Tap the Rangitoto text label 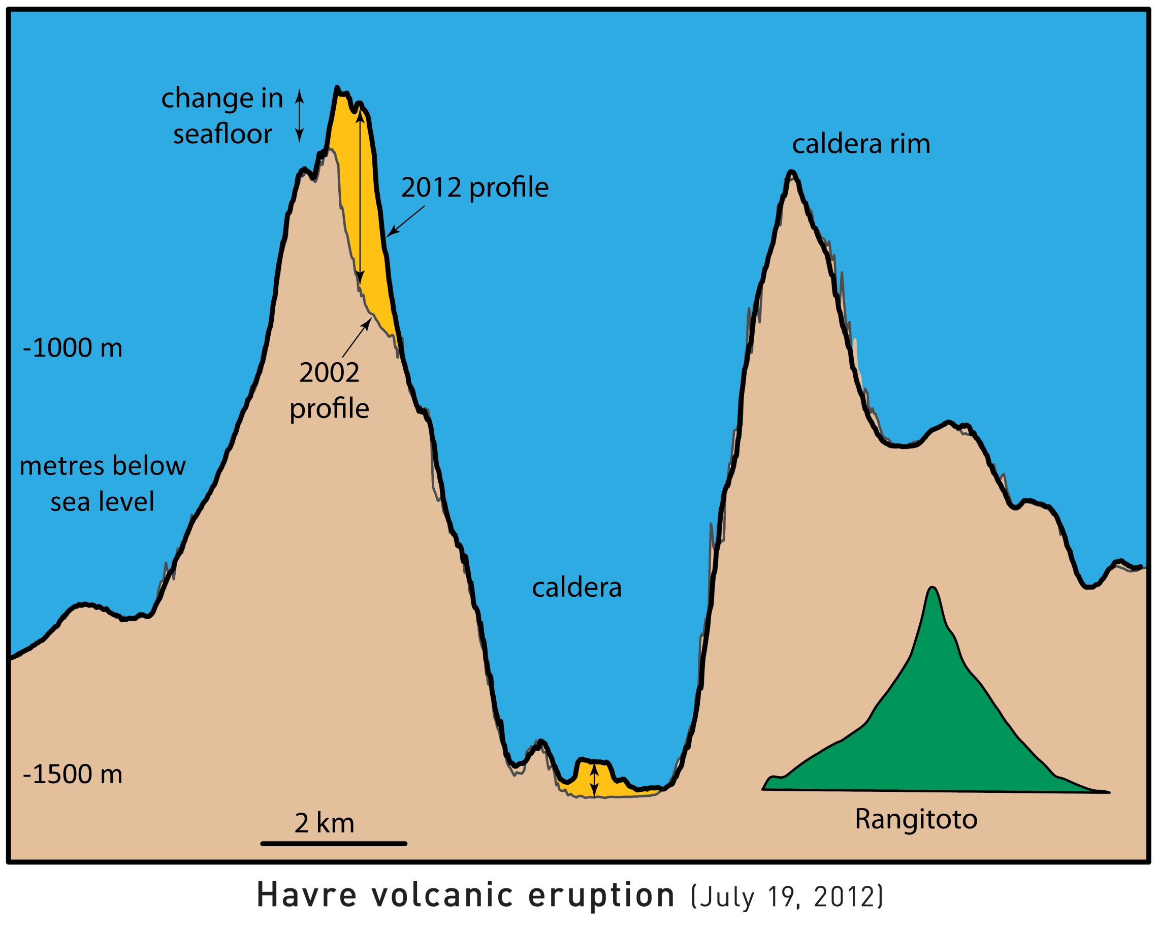point(916,819)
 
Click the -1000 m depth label point(73,348)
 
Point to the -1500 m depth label point(73,775)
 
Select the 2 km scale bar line point(334,844)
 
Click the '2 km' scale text point(325,823)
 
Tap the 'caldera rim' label point(861,144)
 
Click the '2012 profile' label point(475,187)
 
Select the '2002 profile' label point(329,391)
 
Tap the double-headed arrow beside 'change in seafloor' point(300,116)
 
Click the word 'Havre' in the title point(306,895)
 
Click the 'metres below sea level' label point(102,484)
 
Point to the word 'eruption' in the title point(601,895)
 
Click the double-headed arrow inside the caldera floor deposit point(594,780)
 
